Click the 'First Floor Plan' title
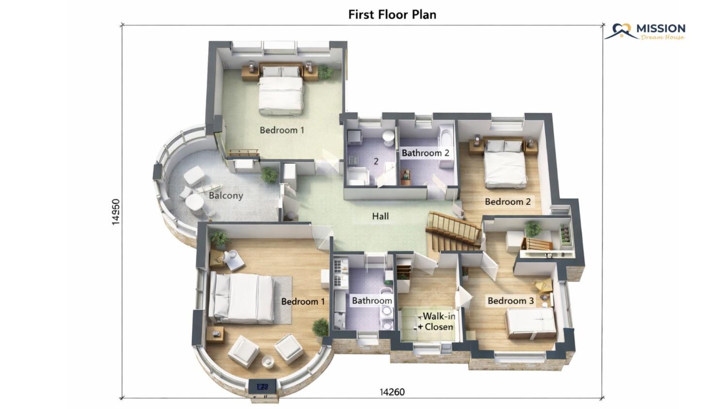point(392,15)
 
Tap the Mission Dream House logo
point(645,31)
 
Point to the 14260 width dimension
point(392,392)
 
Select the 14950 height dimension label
point(115,212)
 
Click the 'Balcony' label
point(226,196)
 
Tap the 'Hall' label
point(380,216)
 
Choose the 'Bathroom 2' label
point(426,153)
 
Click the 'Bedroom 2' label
point(507,202)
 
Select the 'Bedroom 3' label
point(510,301)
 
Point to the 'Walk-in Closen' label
point(437,321)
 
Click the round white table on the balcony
point(195,202)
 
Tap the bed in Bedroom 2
point(505,164)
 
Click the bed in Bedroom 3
point(531,323)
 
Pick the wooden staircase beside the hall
point(454,232)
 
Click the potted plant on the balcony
point(269,175)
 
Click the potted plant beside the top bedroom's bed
point(325,72)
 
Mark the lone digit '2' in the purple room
point(376,161)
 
